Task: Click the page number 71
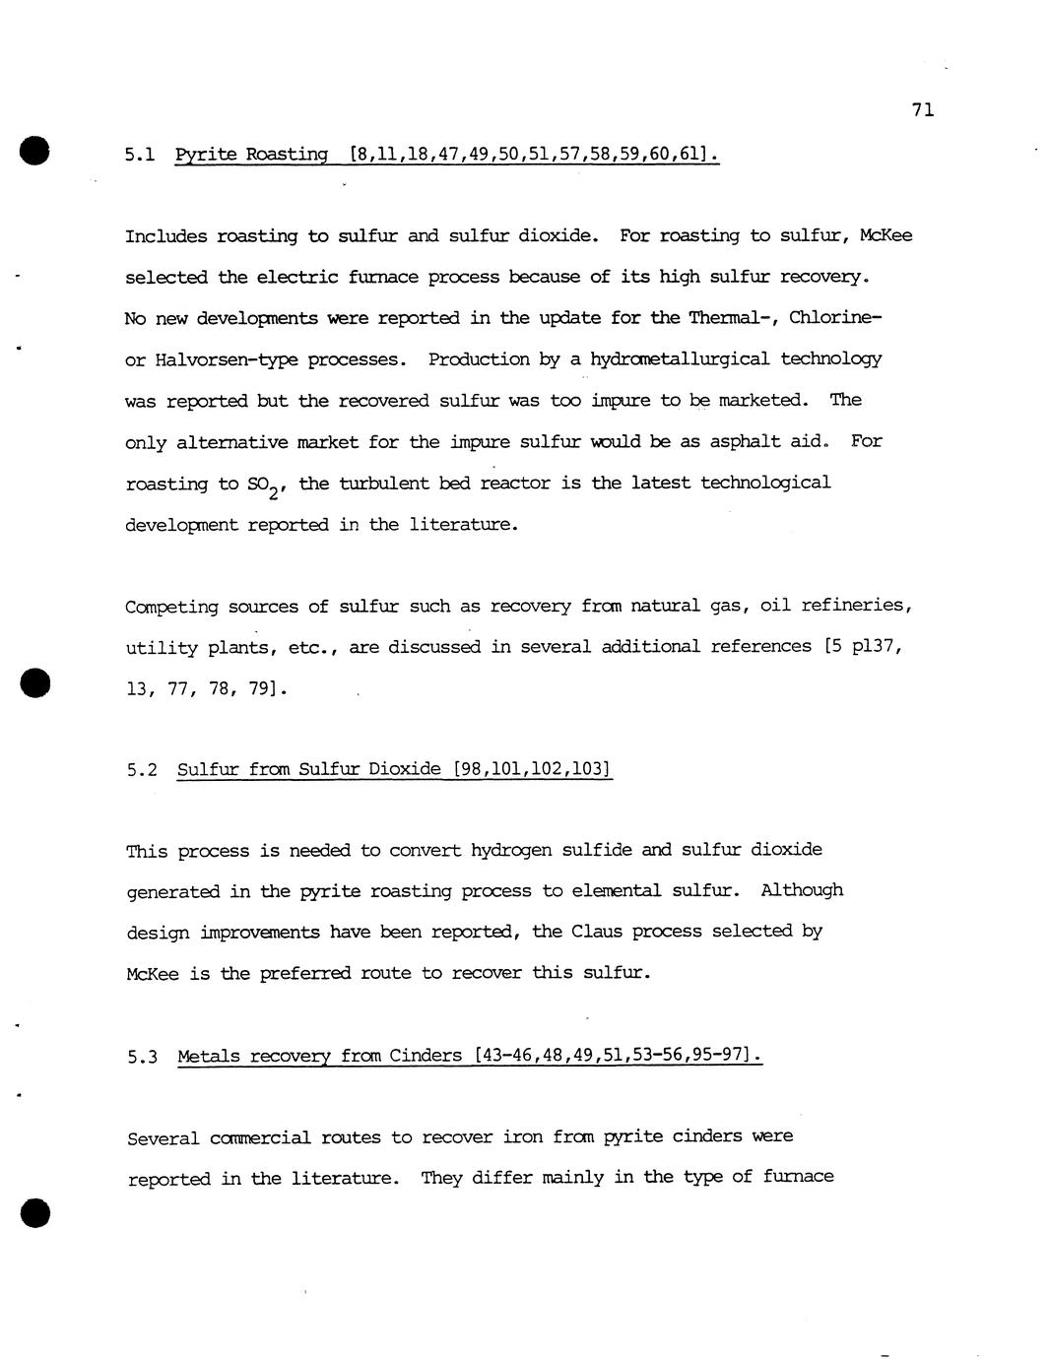922,109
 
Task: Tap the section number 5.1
140,155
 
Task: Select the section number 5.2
142,769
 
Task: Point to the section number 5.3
142,1057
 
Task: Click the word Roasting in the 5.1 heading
286,154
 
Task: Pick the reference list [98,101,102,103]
532,768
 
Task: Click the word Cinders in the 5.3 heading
426,1056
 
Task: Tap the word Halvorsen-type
227,359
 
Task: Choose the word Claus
596,931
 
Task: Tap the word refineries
856,605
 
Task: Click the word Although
802,890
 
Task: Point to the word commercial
260,1138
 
